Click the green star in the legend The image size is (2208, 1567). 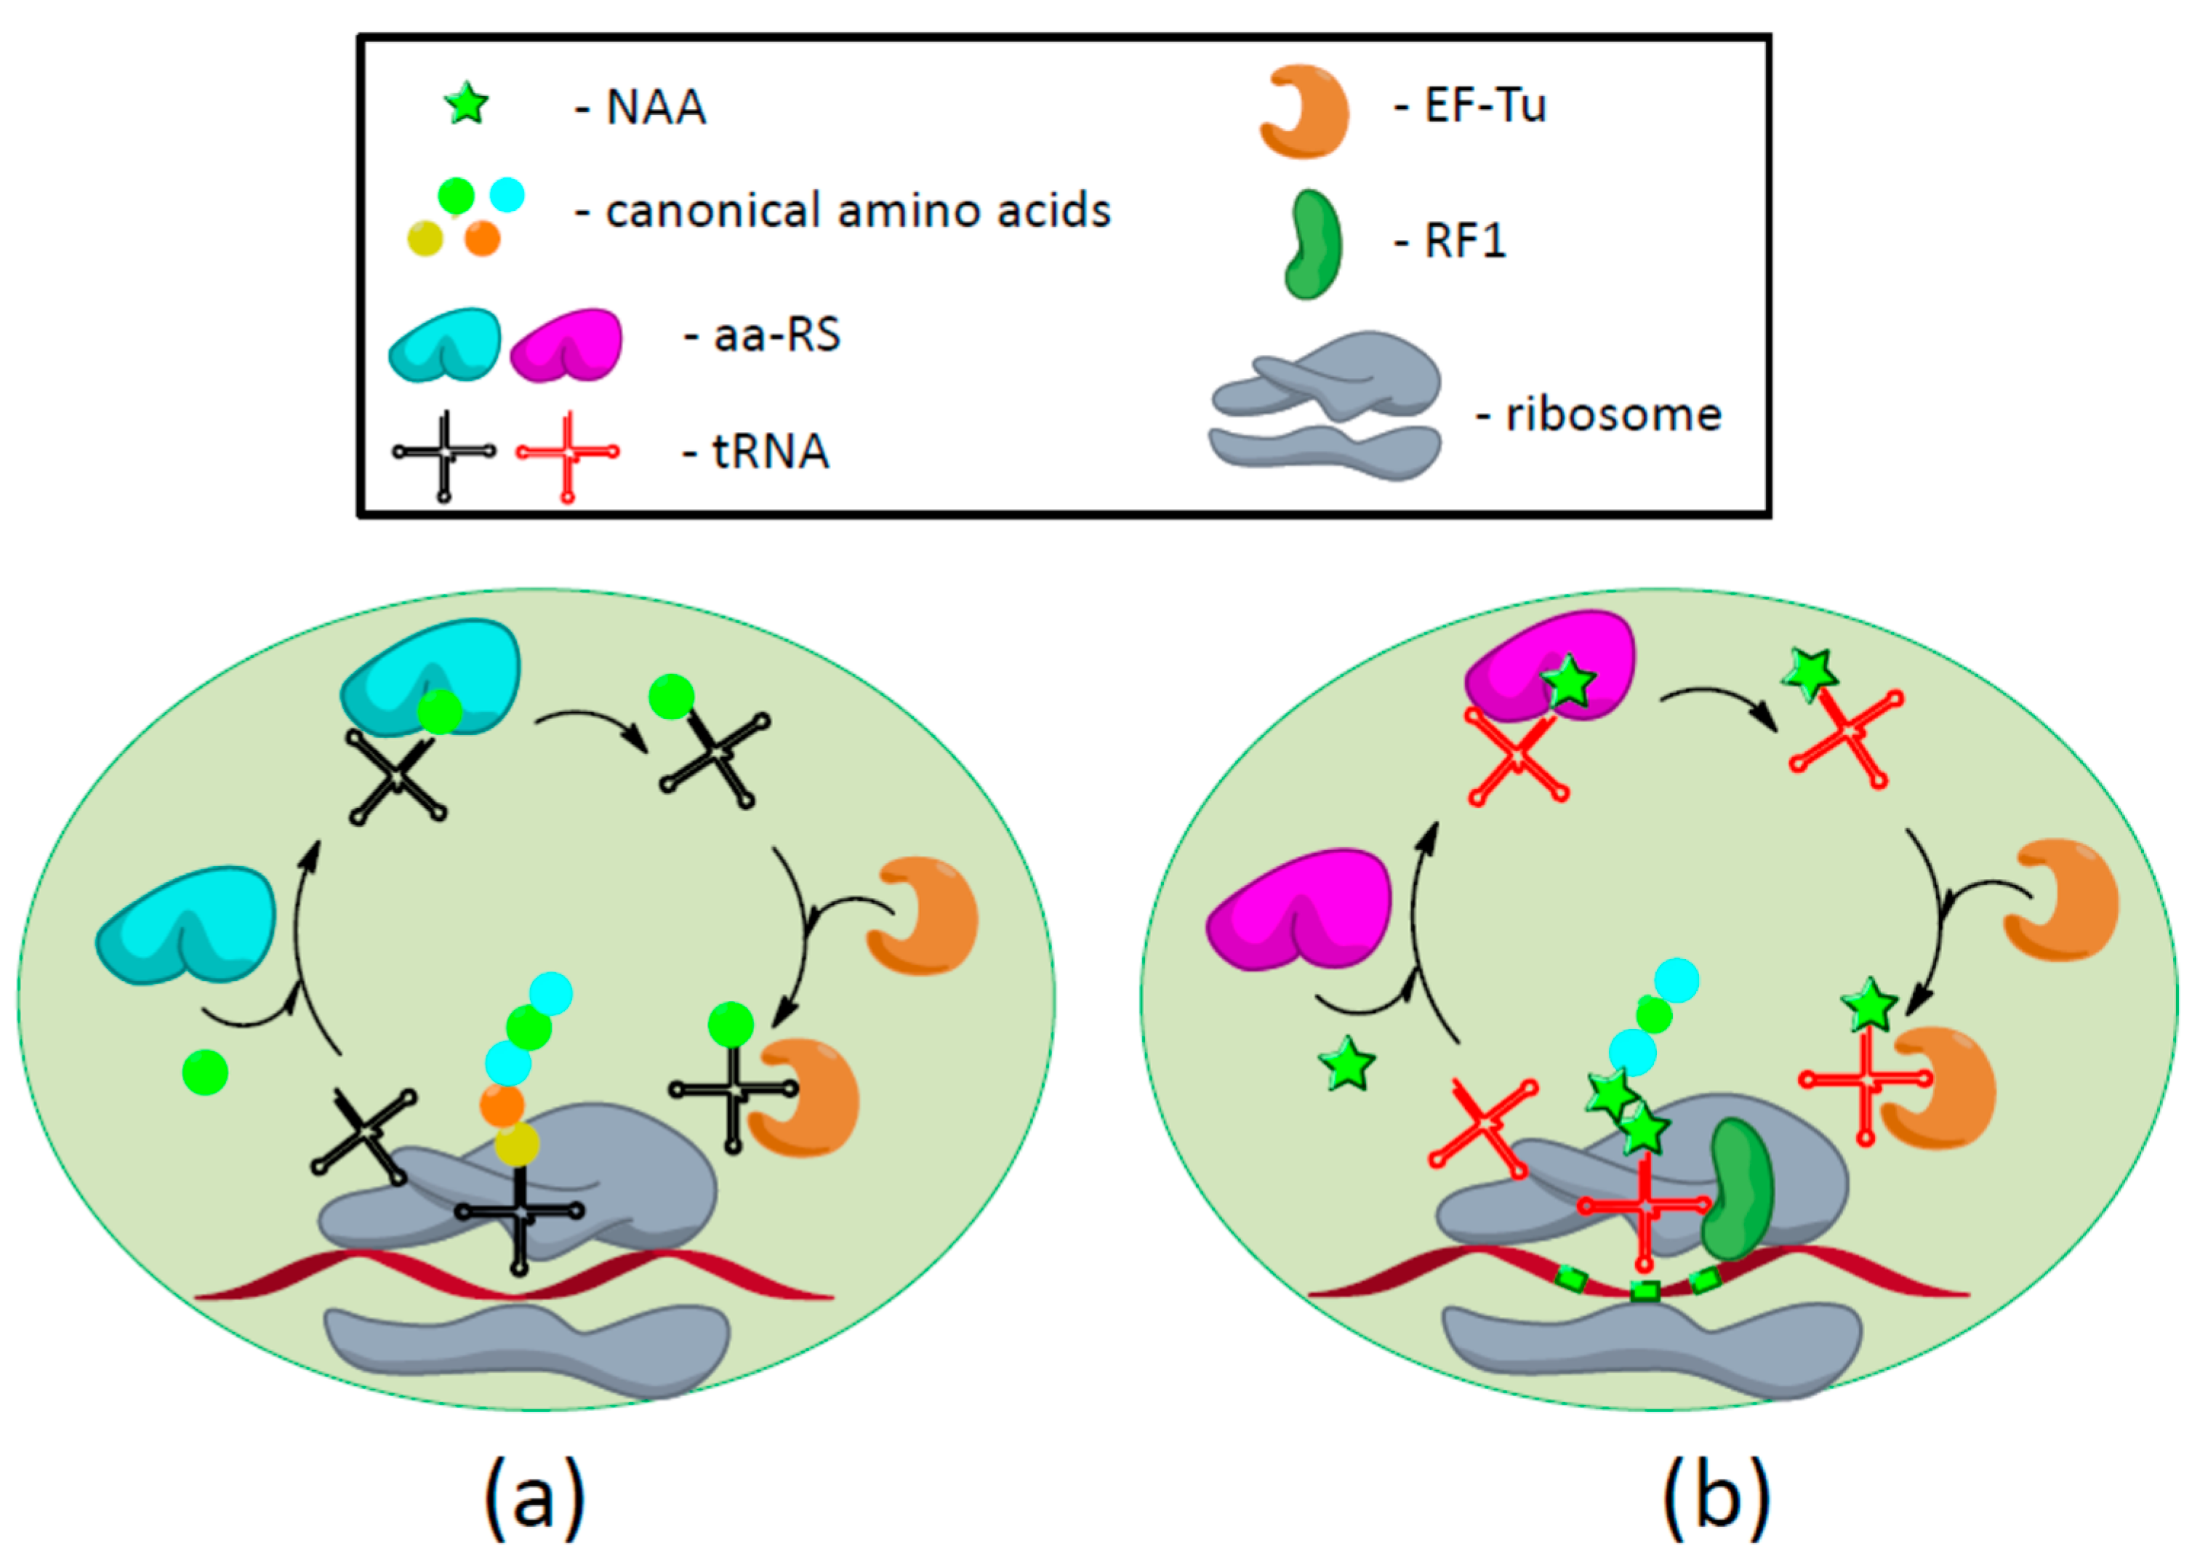click(x=467, y=104)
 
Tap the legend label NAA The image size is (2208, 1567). click(x=655, y=107)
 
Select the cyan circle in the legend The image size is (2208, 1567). click(x=507, y=195)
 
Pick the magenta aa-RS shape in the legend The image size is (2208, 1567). click(x=567, y=345)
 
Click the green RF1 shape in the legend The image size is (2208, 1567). click(x=1313, y=245)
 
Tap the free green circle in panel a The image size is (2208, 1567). click(x=204, y=1072)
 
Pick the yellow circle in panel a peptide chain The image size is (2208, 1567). click(x=517, y=1145)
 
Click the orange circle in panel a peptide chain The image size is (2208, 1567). click(x=502, y=1105)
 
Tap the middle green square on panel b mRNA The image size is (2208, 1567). click(x=1645, y=1291)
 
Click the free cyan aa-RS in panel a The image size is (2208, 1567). click(x=186, y=924)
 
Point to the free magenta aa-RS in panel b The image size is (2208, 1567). click(x=1299, y=909)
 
